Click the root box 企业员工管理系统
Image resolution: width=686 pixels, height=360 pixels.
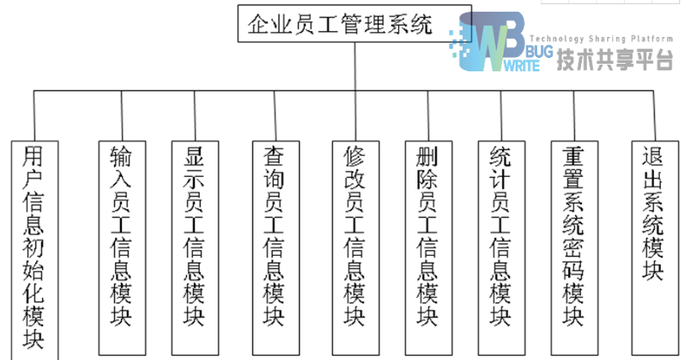(x=340, y=24)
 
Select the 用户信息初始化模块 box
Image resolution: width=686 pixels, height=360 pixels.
(x=34, y=248)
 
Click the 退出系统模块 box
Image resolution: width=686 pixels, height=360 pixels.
(x=653, y=214)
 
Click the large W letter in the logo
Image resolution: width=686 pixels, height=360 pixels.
(x=495, y=42)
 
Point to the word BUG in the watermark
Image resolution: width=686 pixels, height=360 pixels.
(x=537, y=52)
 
